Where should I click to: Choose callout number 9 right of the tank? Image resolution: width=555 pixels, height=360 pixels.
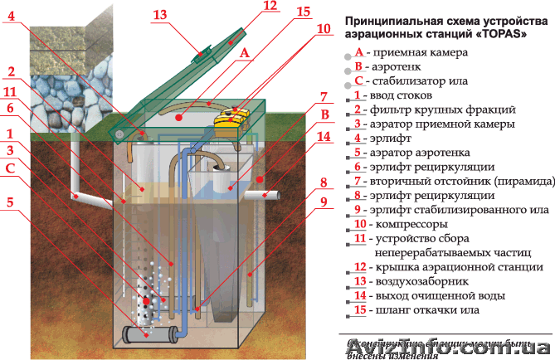click(x=324, y=201)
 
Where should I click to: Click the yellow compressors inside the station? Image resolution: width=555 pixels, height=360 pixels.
click(x=233, y=119)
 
